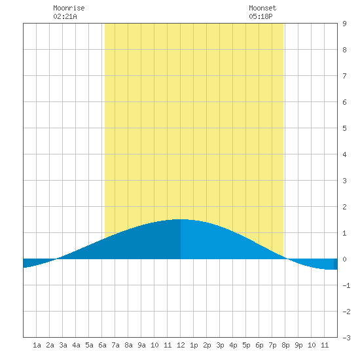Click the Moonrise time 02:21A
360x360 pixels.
[x=65, y=16]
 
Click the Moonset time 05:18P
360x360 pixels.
[x=261, y=16]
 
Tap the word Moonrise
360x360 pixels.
[x=69, y=8]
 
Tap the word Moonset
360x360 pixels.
[x=262, y=8]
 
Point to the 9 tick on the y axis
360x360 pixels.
[x=344, y=24]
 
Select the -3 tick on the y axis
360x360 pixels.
[x=346, y=338]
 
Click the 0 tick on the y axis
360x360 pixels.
[x=344, y=259]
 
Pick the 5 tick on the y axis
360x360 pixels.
[x=344, y=128]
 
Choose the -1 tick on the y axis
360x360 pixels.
[x=346, y=285]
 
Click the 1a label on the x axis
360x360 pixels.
[x=37, y=345]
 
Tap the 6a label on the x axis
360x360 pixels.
[x=102, y=345]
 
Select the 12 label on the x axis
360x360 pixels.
[x=181, y=345]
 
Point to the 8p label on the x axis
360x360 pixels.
[x=285, y=345]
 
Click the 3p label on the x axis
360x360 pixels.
[x=220, y=345]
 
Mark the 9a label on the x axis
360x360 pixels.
[x=141, y=345]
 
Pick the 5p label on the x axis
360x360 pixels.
[x=246, y=345]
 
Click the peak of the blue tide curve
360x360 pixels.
[x=181, y=219]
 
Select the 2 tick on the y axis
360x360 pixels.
[x=344, y=207]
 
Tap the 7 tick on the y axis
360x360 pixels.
[x=344, y=76]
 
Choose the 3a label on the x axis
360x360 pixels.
[x=63, y=345]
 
